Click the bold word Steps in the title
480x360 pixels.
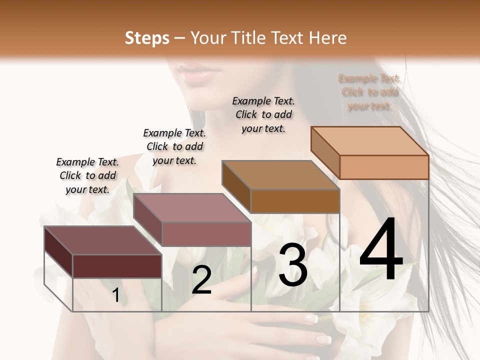click(147, 38)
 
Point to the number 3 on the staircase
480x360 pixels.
click(293, 265)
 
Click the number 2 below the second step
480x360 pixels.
click(201, 280)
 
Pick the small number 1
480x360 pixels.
click(116, 295)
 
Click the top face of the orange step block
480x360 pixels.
click(370, 141)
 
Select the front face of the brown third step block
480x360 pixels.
click(295, 201)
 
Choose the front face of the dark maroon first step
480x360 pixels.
click(117, 266)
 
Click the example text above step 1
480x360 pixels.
click(87, 175)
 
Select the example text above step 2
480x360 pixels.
click(174, 146)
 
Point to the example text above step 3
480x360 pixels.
click(263, 114)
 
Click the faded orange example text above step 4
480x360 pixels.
click(369, 92)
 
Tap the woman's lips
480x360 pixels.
click(197, 74)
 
